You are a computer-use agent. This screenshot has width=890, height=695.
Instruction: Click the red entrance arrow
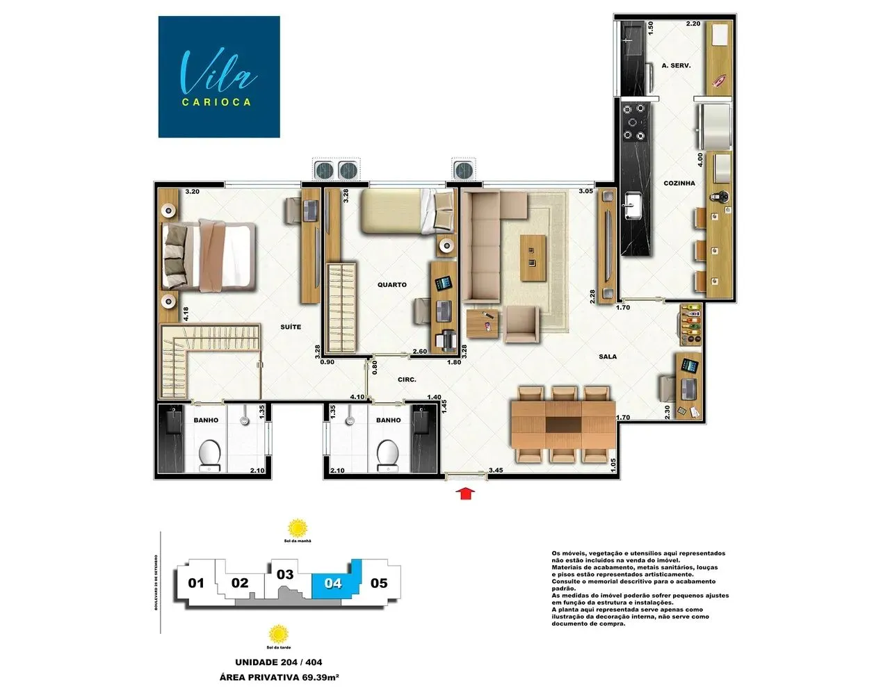point(467,493)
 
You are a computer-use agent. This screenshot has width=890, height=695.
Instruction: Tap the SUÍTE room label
point(291,327)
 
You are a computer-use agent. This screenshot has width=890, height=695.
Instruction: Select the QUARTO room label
point(392,285)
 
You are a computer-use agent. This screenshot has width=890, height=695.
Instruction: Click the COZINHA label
point(679,183)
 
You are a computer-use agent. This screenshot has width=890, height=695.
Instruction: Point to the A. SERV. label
point(676,65)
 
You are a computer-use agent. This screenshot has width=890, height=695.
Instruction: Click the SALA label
point(608,357)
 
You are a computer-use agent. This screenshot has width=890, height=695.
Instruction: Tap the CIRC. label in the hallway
point(407,379)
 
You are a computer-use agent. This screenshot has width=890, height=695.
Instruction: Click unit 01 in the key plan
point(196,583)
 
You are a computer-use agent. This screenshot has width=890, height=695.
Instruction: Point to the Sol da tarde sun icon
point(278,634)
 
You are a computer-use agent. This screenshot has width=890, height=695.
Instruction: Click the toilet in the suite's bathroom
point(209,455)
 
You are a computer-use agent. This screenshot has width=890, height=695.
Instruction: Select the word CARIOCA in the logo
point(216,102)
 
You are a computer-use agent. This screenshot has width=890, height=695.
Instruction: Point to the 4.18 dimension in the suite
point(186,313)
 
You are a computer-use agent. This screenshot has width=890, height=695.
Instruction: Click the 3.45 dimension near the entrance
point(496,471)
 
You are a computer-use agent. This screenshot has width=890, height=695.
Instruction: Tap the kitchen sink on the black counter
point(633,204)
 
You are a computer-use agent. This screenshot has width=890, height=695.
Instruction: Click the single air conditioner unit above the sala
point(464,169)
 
